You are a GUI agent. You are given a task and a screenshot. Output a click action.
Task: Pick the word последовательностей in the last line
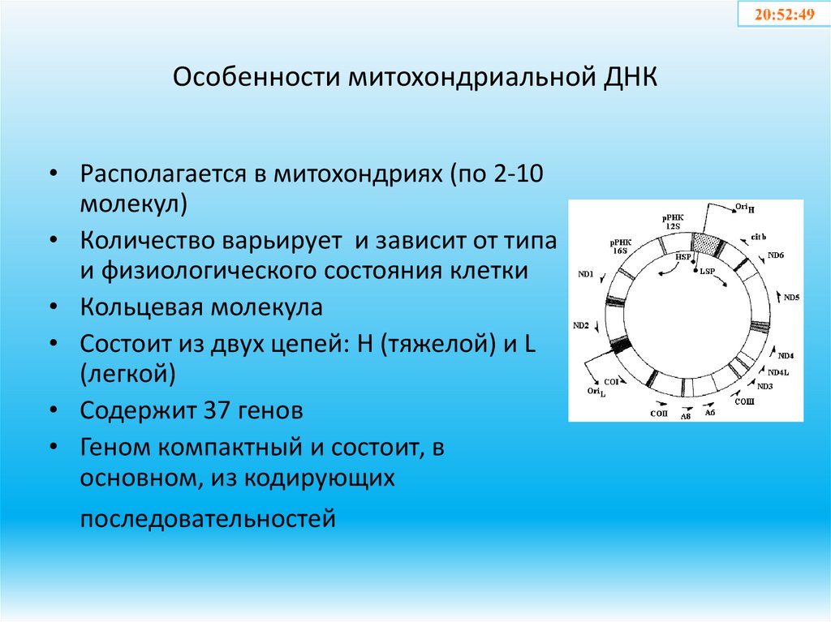pos(207,517)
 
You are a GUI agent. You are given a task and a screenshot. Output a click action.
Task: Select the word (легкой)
pos(128,373)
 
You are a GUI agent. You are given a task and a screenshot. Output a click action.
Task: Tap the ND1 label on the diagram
pos(586,274)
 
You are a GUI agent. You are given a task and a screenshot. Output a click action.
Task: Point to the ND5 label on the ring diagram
pos(791,298)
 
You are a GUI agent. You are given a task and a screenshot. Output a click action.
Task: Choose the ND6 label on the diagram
pos(776,256)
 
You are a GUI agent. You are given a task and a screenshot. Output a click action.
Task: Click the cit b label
pos(759,236)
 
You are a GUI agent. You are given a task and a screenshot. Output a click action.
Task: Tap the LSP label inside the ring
pos(707,270)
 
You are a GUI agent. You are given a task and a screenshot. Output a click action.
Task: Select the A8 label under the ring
pos(685,416)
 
